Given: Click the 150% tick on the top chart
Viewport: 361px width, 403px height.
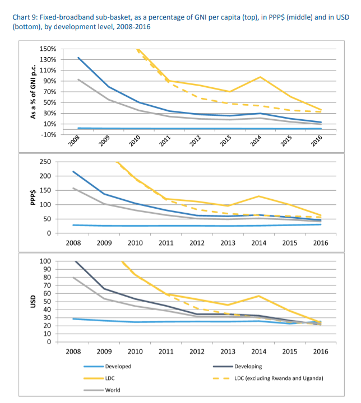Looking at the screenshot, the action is click(48, 49).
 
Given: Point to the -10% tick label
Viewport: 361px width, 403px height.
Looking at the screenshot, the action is click(48, 135).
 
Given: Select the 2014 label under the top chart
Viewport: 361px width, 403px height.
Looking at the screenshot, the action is click(256, 141).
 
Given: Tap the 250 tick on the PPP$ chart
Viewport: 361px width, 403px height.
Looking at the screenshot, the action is click(45, 162).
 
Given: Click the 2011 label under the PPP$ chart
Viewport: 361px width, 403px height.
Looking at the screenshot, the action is click(166, 243).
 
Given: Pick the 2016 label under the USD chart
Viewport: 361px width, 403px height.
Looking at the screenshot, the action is click(321, 352).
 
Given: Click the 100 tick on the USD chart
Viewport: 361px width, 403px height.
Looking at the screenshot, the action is click(45, 261).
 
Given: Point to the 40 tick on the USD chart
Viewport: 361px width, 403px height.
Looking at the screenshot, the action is click(47, 310).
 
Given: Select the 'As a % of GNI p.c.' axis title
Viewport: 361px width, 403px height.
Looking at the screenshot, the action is click(33, 92).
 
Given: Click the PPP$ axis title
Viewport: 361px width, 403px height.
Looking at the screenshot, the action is click(33, 198).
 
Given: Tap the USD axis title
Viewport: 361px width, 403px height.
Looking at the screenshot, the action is click(33, 302).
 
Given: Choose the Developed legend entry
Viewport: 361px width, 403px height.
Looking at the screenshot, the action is click(108, 366).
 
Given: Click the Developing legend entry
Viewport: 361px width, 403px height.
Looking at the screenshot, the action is click(238, 366).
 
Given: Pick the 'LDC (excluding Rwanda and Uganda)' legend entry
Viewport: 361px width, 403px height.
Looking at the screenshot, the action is click(268, 378).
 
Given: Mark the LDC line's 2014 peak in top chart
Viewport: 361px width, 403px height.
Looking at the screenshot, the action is click(260, 77).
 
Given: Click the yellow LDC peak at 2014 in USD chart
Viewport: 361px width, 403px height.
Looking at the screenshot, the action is click(259, 296).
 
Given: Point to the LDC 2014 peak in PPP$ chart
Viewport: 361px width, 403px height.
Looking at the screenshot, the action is click(259, 196).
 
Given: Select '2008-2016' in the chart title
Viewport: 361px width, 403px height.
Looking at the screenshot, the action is click(133, 27).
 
